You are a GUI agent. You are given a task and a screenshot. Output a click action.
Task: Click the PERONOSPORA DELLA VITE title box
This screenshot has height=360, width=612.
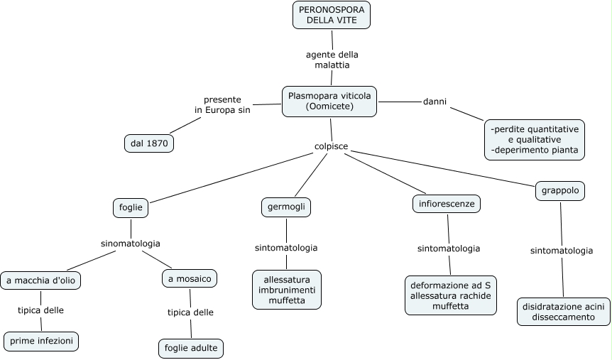click(332, 15)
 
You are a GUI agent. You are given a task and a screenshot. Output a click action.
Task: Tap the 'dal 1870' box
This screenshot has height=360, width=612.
click(149, 143)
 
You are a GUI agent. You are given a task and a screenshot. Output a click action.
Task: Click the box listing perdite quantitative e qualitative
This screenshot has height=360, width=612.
click(535, 140)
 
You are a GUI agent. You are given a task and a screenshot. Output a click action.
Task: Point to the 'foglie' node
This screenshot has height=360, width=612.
click(131, 207)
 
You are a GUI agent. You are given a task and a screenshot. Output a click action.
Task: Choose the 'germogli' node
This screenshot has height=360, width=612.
click(286, 207)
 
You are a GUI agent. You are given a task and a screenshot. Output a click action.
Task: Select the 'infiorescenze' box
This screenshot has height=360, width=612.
click(447, 204)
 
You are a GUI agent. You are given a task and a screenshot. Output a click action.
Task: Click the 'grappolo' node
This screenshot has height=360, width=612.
click(560, 191)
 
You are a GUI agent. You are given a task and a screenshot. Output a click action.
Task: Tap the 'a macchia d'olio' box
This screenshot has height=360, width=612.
click(40, 280)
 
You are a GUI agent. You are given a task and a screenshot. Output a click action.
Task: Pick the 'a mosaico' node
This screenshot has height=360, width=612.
click(190, 279)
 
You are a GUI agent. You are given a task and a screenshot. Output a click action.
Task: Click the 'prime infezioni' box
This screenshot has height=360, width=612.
click(40, 342)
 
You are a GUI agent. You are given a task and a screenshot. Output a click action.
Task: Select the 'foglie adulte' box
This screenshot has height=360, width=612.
click(191, 349)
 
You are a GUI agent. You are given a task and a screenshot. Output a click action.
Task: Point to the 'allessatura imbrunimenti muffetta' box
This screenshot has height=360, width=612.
click(287, 290)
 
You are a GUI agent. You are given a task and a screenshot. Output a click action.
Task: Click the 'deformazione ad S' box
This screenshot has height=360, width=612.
click(450, 295)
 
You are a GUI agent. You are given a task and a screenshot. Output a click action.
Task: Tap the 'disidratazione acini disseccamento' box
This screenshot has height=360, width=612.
click(563, 312)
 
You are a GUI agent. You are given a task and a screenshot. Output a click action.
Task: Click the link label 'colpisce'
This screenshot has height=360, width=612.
click(331, 146)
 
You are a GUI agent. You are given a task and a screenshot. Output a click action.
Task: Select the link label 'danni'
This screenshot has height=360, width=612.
click(435, 102)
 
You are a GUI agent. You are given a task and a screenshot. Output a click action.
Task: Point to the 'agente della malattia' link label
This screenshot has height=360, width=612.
click(332, 60)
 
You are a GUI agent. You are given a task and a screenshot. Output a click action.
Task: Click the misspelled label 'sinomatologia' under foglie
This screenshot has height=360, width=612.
click(131, 244)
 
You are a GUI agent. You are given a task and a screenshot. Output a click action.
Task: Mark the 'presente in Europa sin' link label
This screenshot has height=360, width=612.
click(222, 105)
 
